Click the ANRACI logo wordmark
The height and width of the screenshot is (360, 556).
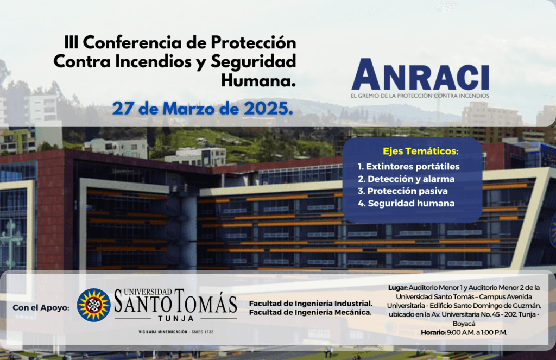point(420,74)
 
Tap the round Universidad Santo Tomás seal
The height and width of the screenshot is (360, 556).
point(93,305)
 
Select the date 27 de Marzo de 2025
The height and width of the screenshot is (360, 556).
point(203,108)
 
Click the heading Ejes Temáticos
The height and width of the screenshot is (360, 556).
point(421,151)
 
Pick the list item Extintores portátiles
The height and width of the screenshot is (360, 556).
point(408,166)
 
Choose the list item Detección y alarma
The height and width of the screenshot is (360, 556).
point(406,179)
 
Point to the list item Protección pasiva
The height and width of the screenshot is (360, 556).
point(403,191)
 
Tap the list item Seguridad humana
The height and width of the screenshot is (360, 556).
point(406,203)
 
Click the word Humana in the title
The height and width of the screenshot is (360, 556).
point(258,80)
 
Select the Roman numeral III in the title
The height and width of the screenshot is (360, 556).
point(71,43)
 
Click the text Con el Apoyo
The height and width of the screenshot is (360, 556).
point(41,307)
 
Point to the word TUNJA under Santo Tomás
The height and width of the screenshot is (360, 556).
point(176,318)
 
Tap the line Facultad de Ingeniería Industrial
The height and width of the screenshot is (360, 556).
point(311,304)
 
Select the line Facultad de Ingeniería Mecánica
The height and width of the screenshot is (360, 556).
point(310,312)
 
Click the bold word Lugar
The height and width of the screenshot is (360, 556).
point(398,288)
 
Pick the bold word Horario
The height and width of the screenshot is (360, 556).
point(433,332)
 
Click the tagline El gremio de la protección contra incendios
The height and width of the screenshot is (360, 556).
point(420,96)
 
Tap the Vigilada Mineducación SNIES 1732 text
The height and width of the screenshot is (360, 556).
point(176,332)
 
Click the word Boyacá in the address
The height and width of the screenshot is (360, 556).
point(464,324)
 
